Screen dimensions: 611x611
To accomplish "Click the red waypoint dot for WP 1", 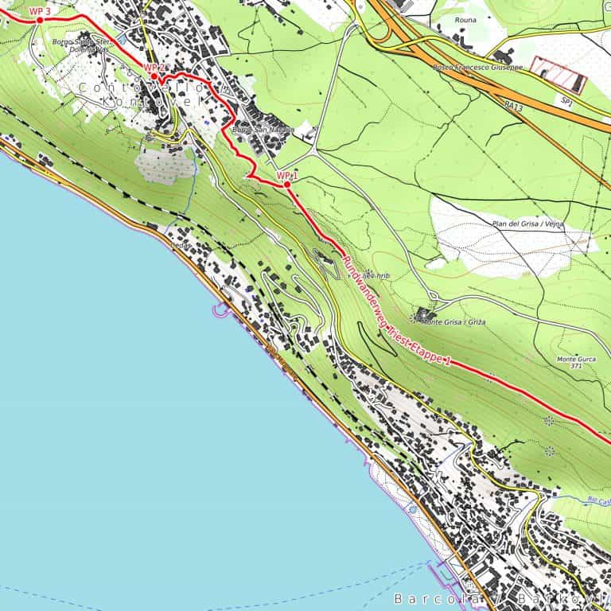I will click(x=286, y=185).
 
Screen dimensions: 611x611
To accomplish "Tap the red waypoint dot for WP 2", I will click(x=156, y=76).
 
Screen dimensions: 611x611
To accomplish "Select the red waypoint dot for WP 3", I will click(x=39, y=20).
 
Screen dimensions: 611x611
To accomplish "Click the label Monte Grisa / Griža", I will click(x=453, y=322).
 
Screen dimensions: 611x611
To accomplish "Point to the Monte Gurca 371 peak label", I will click(x=576, y=363).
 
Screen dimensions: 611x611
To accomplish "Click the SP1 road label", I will click(x=566, y=102).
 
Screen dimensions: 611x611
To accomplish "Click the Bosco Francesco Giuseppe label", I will click(x=477, y=68).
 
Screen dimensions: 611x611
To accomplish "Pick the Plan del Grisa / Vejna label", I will click(x=528, y=224).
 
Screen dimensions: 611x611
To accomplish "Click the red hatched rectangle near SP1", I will click(x=558, y=74).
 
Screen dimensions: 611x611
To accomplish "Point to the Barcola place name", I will click(x=438, y=597).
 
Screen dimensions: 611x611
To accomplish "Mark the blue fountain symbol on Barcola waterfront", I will click(x=411, y=507).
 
